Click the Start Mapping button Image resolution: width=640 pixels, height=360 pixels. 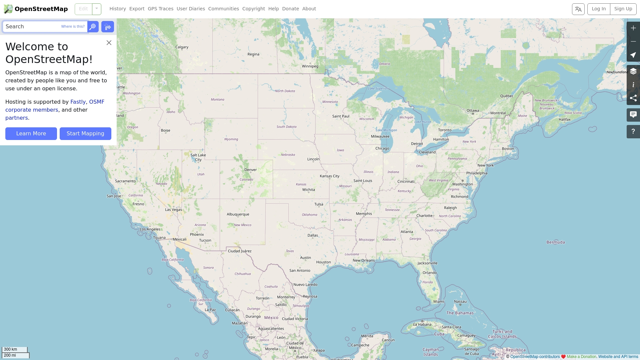point(85,134)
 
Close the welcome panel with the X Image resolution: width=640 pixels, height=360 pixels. point(109,43)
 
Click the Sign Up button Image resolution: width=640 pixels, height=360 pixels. point(623,9)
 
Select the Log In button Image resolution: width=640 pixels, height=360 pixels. point(599,9)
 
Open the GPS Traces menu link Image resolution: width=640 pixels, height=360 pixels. point(160,9)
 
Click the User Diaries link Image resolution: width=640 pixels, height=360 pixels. point(191,9)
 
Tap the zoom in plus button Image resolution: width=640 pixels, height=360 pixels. point(633,28)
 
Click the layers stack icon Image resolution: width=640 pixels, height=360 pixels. point(633,71)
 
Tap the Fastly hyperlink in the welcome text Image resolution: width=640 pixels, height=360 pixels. point(78,102)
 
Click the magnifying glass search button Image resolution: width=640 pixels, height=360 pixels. point(93,27)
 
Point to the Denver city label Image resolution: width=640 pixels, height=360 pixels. point(250,170)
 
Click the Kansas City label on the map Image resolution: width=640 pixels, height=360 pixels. point(329,176)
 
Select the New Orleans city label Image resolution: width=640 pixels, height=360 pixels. point(364,261)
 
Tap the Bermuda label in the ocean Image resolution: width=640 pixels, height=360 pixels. point(555,242)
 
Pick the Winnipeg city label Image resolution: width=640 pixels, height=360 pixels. point(310,66)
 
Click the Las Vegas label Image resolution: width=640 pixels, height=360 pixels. point(173,210)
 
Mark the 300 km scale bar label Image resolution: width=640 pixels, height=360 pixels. point(11,349)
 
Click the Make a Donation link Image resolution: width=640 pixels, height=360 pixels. point(581,357)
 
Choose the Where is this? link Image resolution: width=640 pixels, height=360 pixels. point(73,27)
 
